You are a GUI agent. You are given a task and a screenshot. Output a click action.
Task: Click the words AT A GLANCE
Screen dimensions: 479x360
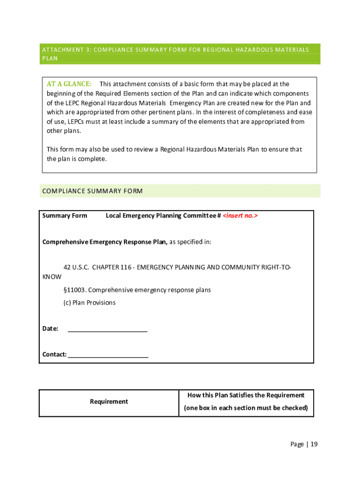(x=69, y=84)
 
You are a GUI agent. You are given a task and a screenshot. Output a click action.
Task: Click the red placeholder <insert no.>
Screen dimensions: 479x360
(x=240, y=216)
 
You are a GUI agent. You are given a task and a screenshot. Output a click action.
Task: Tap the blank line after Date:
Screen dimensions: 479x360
(x=108, y=329)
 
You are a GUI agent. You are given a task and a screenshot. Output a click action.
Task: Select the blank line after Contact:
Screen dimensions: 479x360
(x=108, y=355)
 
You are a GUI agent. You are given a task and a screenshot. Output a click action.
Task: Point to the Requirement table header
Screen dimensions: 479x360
(x=108, y=401)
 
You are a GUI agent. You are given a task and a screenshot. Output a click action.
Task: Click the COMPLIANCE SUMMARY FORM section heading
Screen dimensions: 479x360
(x=92, y=191)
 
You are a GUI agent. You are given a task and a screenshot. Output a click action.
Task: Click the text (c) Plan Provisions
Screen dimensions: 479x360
(x=89, y=303)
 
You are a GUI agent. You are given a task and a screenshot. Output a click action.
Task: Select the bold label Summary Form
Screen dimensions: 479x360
(x=65, y=216)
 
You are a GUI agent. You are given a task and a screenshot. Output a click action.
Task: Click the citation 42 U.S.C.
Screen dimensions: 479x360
(x=76, y=267)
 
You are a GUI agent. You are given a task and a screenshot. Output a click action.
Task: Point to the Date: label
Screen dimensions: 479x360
(x=50, y=329)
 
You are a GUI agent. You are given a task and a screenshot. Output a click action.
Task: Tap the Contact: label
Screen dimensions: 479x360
(x=54, y=355)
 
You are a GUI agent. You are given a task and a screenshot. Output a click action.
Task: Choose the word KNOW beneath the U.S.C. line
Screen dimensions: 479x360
(x=52, y=277)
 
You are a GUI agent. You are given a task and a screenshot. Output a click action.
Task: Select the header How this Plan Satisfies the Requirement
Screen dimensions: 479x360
(x=246, y=395)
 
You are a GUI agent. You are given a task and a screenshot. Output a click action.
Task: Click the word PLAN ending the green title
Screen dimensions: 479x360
(x=50, y=59)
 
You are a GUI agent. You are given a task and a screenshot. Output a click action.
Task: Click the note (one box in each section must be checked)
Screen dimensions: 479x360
(x=246, y=408)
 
